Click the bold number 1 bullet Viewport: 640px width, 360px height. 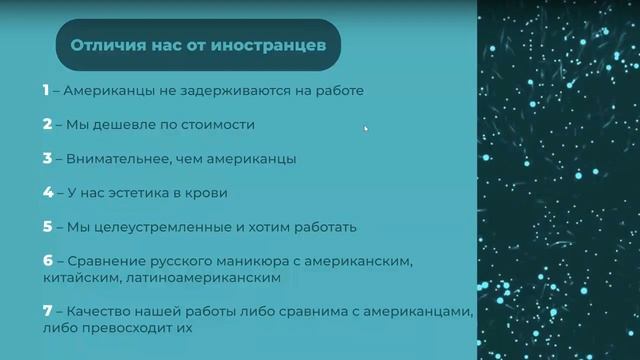click(45, 90)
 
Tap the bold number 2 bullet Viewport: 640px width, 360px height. click(46, 125)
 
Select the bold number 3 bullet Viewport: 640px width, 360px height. click(46, 158)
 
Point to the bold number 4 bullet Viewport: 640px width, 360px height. click(46, 192)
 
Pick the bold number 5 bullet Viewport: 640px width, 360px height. click(46, 227)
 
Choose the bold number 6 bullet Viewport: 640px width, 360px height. click(46, 261)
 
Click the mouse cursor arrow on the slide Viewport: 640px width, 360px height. click(365, 128)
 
